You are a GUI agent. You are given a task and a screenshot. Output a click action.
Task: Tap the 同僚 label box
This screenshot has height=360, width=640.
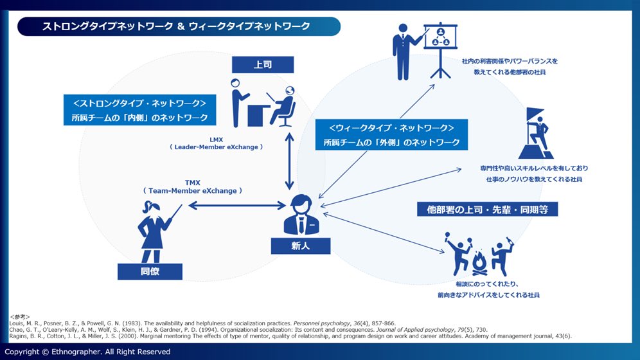pyautogui.click(x=150, y=271)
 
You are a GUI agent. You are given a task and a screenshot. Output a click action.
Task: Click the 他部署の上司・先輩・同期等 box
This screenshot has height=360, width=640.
pyautogui.click(x=487, y=209)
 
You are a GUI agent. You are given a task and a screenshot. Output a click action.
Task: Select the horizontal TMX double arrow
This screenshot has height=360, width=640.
pyautogui.click(x=236, y=206)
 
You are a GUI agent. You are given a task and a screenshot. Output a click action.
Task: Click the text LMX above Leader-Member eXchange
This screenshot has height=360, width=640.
pyautogui.click(x=216, y=138)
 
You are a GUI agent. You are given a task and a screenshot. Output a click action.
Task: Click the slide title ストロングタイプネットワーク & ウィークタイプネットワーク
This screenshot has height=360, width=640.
pyautogui.click(x=176, y=26)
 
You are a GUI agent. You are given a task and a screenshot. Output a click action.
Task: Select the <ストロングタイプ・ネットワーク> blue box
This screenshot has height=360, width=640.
pyautogui.click(x=139, y=110)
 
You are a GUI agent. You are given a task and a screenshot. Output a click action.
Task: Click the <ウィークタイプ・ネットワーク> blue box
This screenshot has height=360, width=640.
pyautogui.click(x=391, y=134)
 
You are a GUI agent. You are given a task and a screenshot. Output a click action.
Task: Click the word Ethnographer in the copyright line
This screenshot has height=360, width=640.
pyautogui.click(x=76, y=352)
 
